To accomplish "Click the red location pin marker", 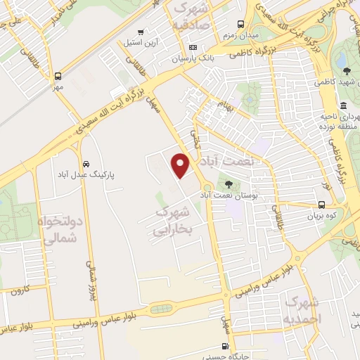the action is point(181,165).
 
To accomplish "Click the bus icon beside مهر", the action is point(58,76).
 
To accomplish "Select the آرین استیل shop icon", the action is point(141,32).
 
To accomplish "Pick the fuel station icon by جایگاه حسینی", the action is point(225,345).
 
